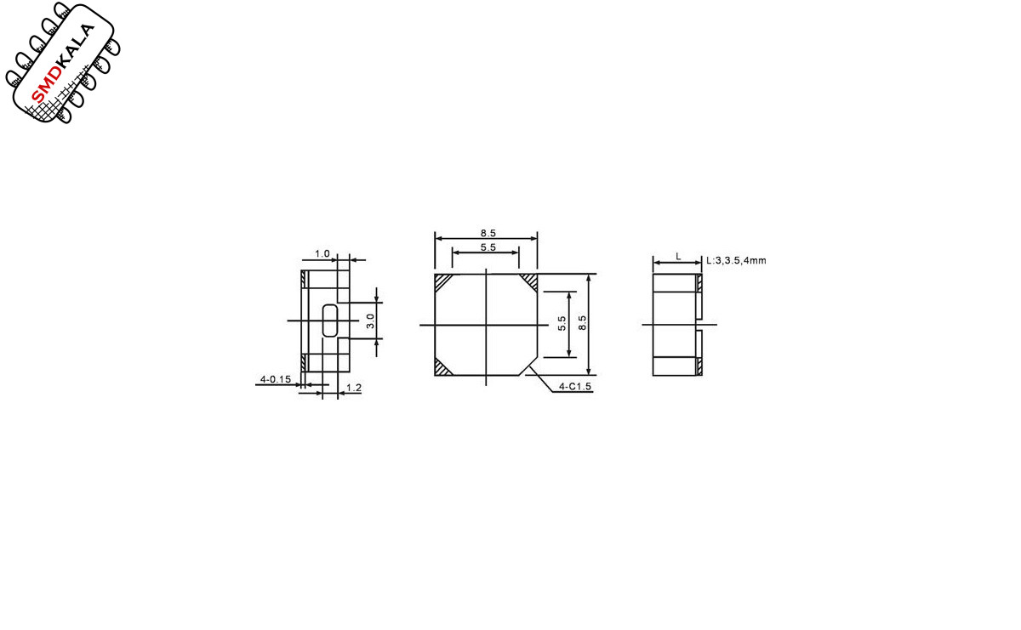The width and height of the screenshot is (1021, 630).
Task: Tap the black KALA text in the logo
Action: (77, 46)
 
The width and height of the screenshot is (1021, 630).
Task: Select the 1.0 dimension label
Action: (322, 253)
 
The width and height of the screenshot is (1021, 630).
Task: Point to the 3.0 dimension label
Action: (371, 321)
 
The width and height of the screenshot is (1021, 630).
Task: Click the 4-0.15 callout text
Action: (276, 379)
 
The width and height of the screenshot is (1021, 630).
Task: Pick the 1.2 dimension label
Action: (354, 388)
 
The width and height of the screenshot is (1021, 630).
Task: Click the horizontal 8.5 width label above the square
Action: (488, 233)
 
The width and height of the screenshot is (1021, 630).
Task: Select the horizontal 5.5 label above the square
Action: (488, 247)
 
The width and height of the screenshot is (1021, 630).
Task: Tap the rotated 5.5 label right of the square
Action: (562, 323)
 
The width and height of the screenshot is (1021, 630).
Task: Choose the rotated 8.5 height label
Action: (582, 323)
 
